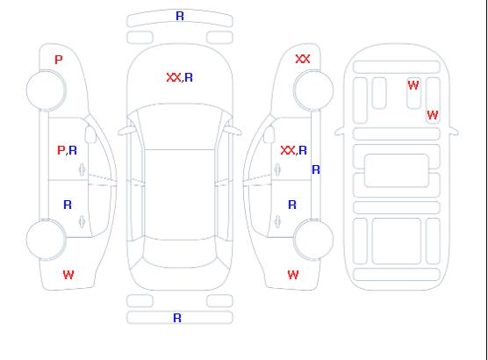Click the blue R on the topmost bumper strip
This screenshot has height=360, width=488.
point(180,16)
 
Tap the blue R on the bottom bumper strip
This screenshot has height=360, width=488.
point(177,318)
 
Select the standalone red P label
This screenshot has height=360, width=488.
point(59,60)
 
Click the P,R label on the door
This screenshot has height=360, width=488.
point(67,150)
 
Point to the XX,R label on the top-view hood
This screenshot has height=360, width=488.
point(180,77)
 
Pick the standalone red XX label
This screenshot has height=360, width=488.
point(303,59)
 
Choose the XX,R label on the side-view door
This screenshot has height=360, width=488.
point(293,150)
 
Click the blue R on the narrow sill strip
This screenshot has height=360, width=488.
point(316,169)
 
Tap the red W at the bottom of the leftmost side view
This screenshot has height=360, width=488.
point(68,275)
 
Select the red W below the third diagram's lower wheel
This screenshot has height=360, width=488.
point(293,275)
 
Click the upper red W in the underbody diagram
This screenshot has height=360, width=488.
point(413,85)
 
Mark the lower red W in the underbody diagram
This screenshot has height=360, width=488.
point(433,115)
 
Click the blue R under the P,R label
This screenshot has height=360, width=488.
point(68,205)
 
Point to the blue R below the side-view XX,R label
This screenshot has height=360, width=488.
point(292,205)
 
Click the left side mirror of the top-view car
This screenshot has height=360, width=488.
point(126,131)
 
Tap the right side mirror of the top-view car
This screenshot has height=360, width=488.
point(234,131)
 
